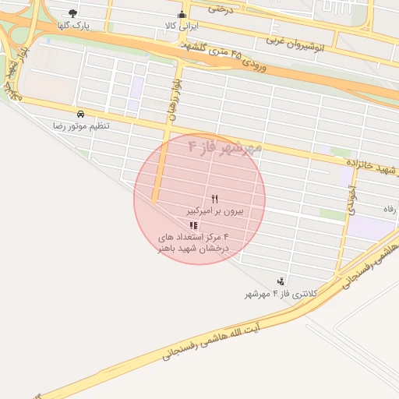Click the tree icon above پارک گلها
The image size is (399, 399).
point(73,13)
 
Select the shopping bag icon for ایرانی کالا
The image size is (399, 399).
point(182,13)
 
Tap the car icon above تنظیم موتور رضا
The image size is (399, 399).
point(81,114)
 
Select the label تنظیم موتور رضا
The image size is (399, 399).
point(81,125)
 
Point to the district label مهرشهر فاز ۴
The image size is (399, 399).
point(225,147)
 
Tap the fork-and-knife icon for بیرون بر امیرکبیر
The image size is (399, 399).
point(215,199)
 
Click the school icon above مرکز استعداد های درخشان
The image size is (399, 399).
point(193,225)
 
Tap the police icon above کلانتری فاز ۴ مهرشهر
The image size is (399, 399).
point(281,281)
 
